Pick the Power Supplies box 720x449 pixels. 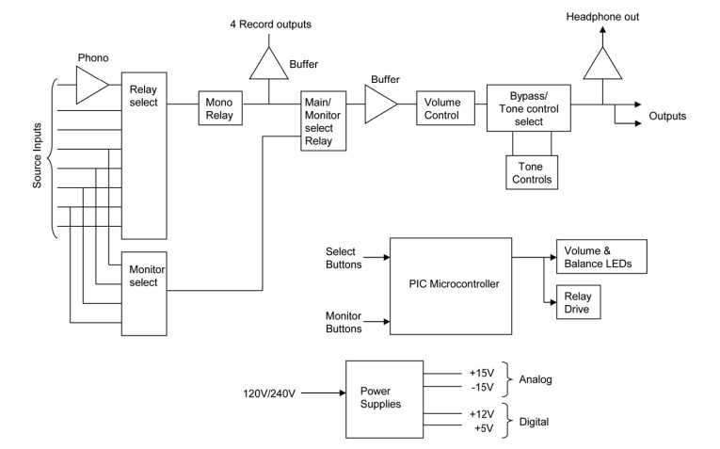tap(382, 399)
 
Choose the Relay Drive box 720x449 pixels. tap(576, 300)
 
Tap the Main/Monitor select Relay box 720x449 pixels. tap(323, 120)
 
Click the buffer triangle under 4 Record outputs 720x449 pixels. tap(270, 65)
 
